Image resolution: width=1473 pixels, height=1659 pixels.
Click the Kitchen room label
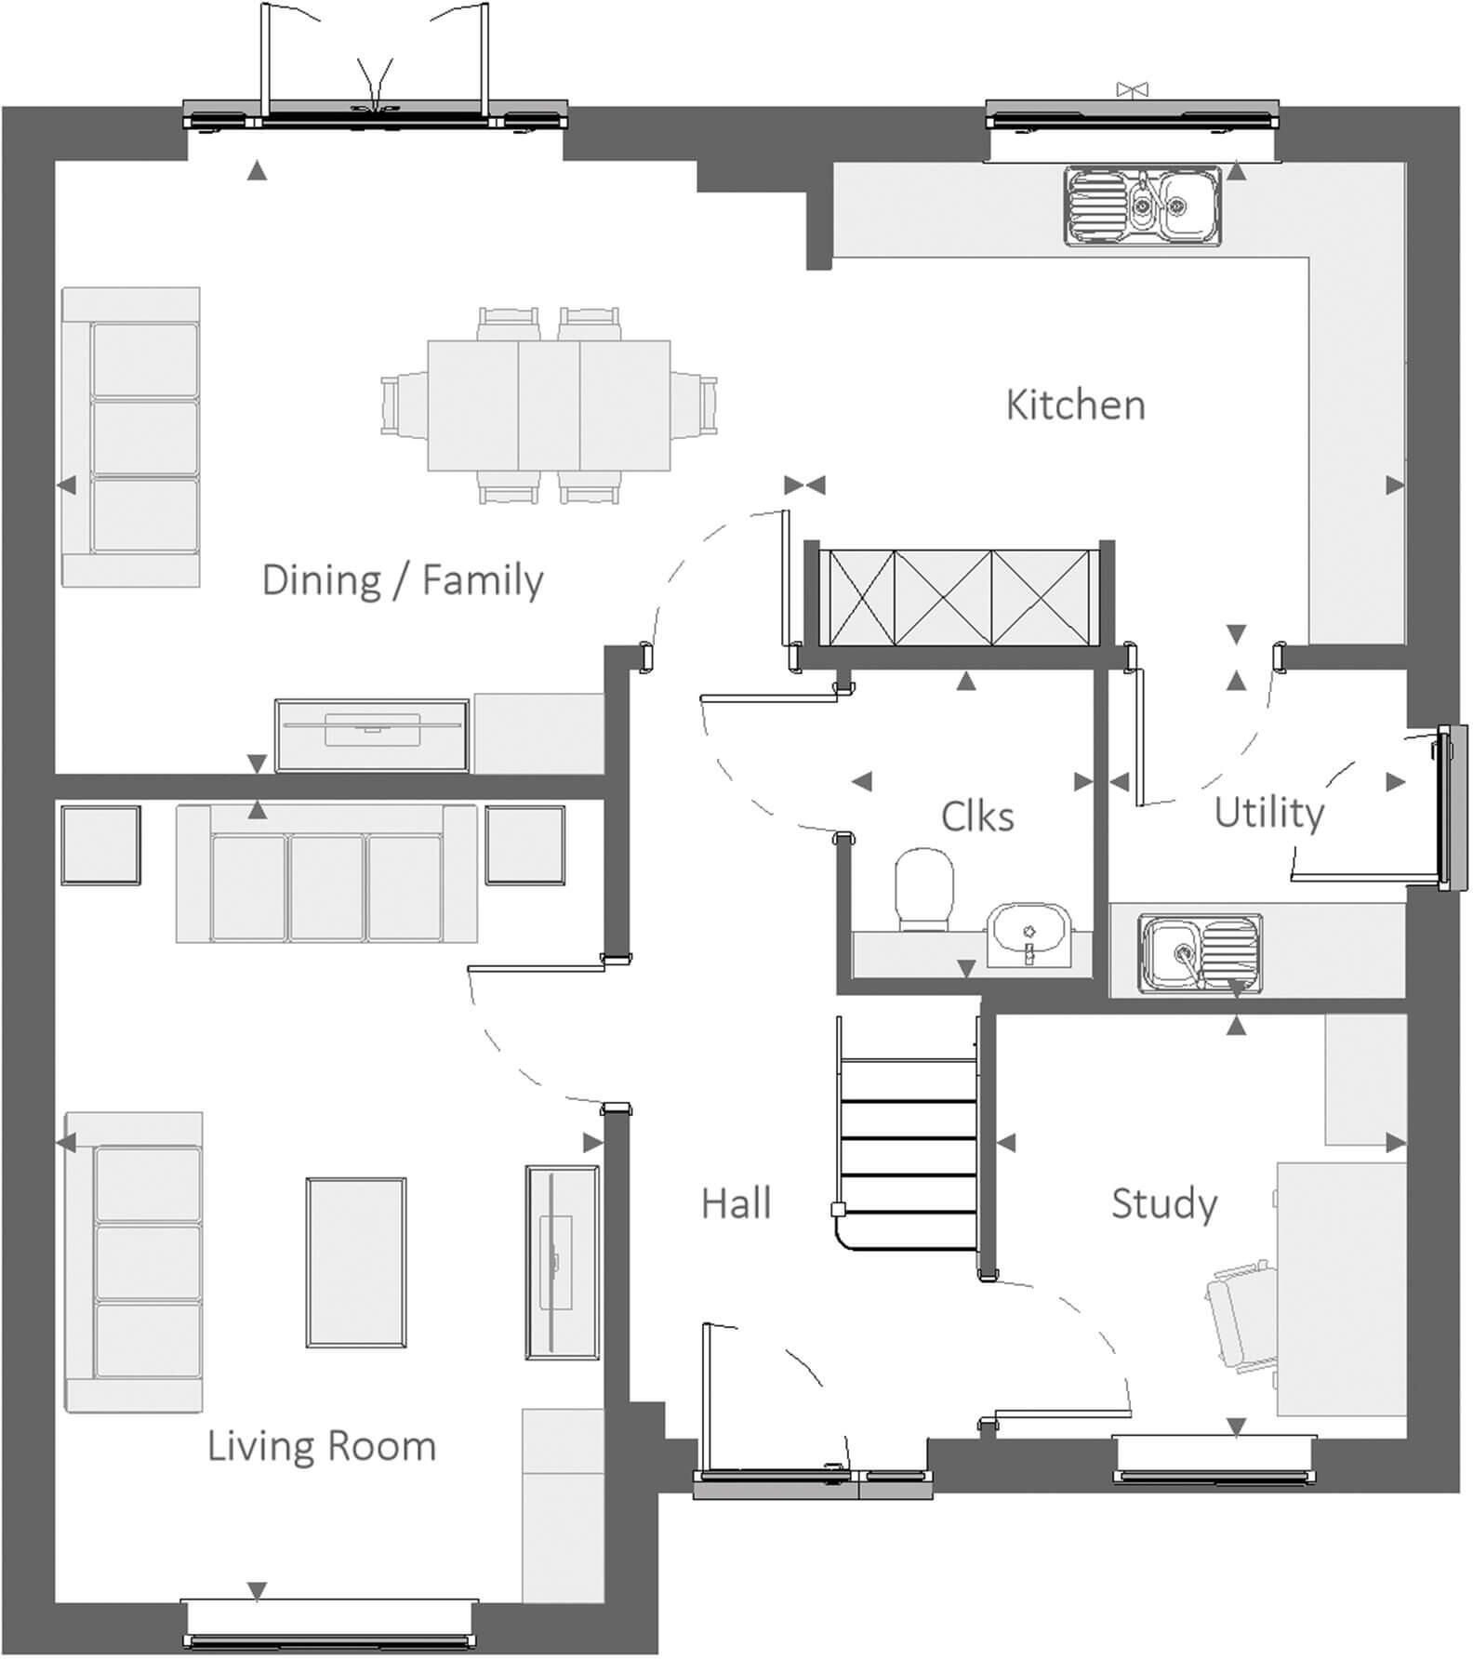pos(1075,405)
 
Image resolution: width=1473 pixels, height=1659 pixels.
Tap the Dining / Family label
pos(402,580)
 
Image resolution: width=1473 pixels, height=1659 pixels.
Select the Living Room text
pos(321,1447)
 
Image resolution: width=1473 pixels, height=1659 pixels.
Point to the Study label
pos(1163,1203)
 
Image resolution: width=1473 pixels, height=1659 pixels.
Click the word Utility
pos(1268,813)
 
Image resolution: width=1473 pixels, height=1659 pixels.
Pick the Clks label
pos(976,816)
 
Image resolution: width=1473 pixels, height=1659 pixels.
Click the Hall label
pos(736,1203)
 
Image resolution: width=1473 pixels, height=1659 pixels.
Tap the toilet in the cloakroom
pos(924,889)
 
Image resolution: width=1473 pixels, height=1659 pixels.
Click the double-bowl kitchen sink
pos(1142,206)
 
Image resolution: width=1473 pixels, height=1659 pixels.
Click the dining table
pos(549,405)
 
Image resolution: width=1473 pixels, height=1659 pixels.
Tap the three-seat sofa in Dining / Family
pos(131,437)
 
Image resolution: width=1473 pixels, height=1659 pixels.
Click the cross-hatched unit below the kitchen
pos(958,598)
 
